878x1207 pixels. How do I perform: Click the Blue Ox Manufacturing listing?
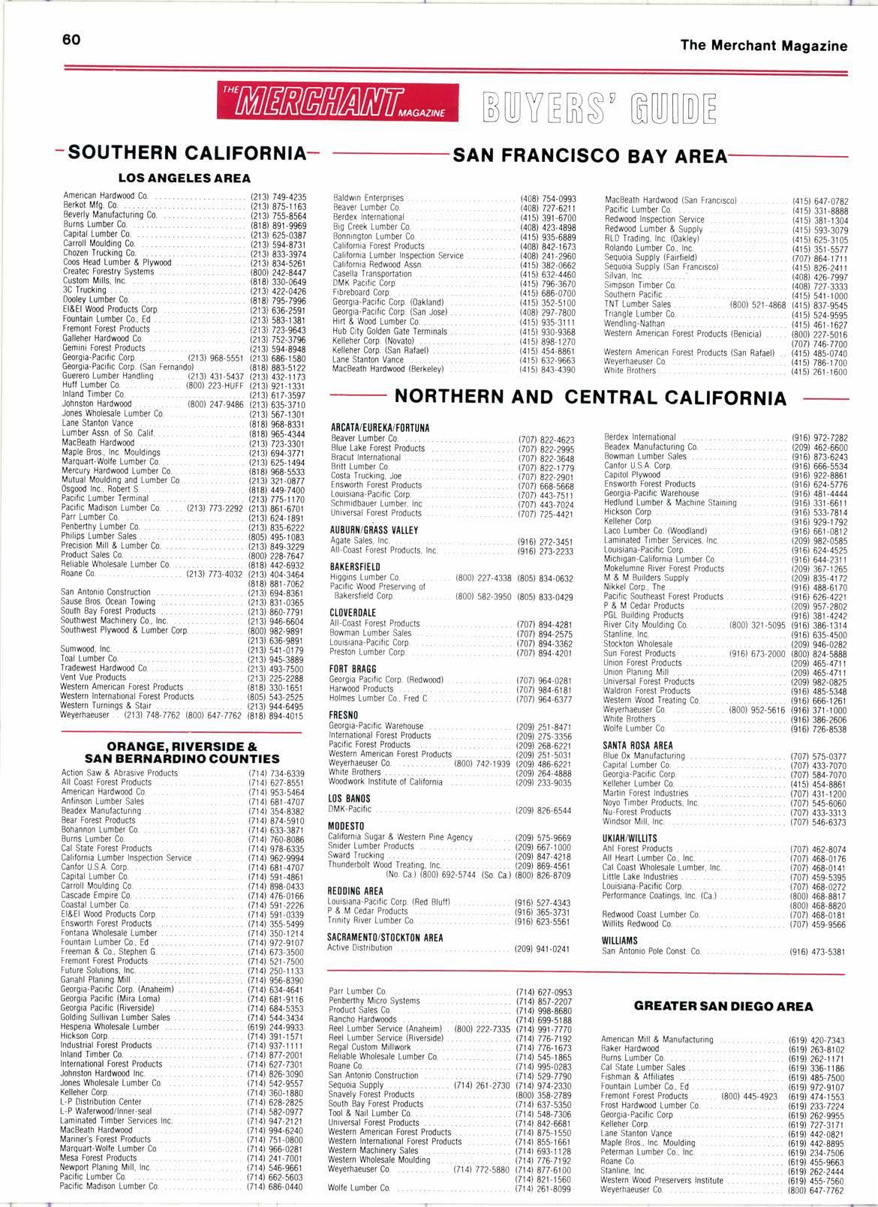click(644, 756)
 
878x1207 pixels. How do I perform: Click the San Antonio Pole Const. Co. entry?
click(651, 952)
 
